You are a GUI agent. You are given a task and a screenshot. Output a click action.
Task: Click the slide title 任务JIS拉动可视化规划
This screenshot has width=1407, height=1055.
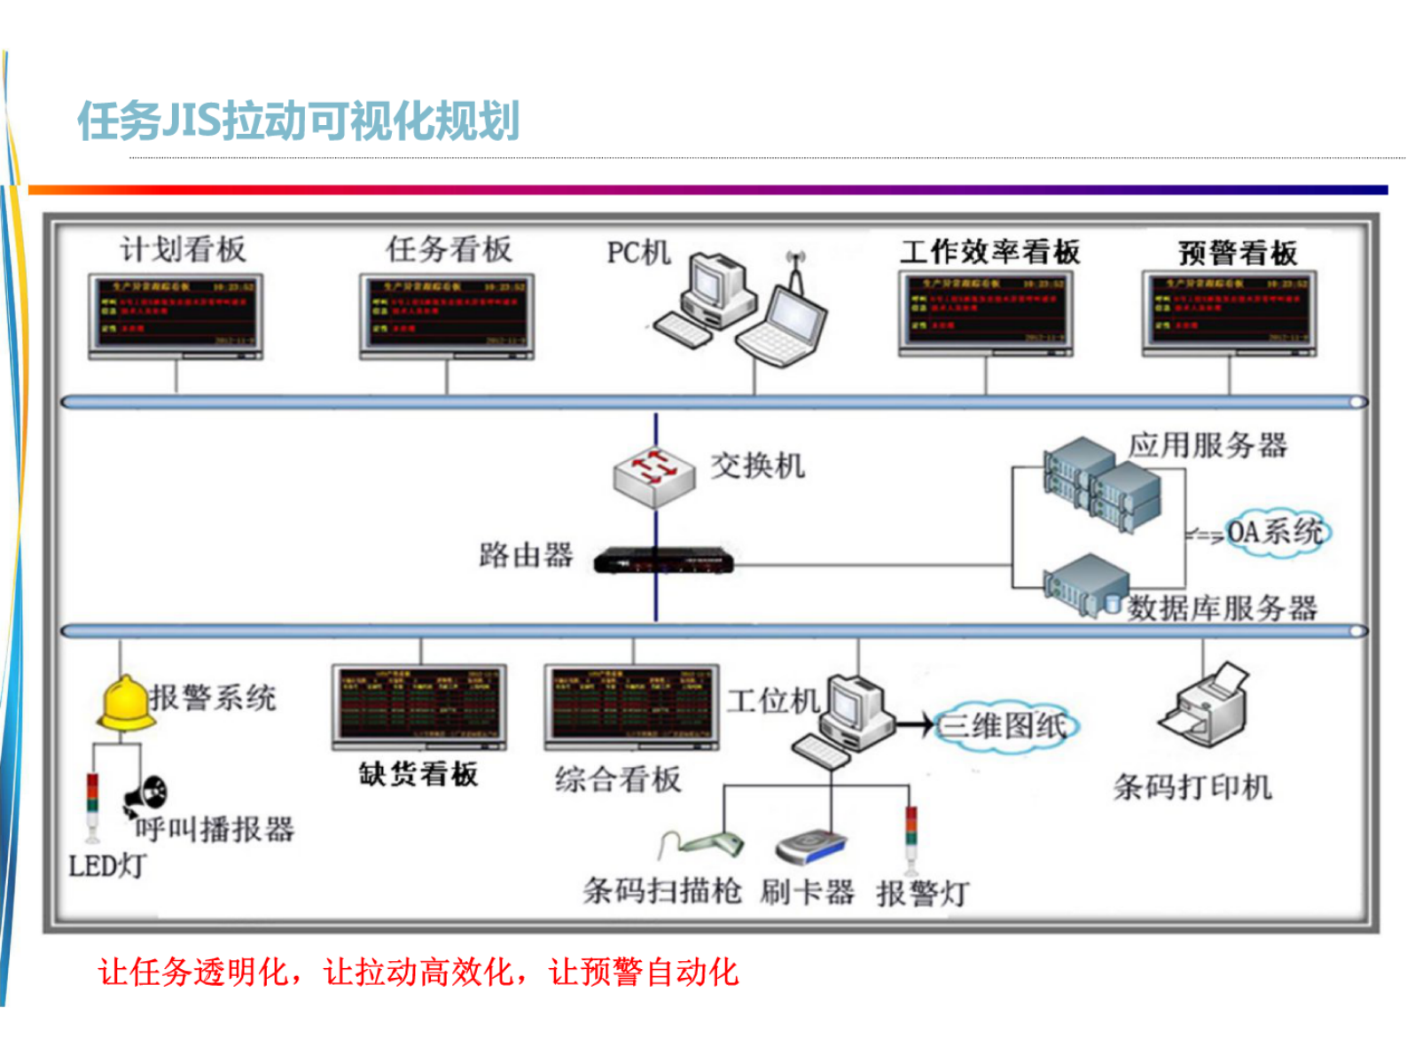[x=298, y=121]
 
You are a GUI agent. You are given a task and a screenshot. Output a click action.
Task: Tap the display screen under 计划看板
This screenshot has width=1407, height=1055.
[x=176, y=314]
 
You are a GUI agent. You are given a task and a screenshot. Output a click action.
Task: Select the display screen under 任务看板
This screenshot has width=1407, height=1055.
[x=447, y=314]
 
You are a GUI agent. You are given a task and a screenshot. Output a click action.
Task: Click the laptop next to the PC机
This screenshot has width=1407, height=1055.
[x=785, y=324]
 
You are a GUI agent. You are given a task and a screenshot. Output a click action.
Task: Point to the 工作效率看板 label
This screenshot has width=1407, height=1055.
[x=990, y=253]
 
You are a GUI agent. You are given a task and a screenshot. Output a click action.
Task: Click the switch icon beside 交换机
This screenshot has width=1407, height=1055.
[x=654, y=476]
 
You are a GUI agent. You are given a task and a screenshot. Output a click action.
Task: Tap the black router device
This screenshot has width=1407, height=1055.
[x=663, y=561]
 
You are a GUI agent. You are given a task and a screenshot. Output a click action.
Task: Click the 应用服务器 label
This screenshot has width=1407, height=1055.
[x=1208, y=445]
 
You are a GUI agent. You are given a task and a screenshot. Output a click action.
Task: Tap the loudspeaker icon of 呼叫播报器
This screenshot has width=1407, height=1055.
[x=146, y=793]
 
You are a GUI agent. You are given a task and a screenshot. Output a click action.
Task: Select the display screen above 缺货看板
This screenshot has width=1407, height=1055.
[x=418, y=706]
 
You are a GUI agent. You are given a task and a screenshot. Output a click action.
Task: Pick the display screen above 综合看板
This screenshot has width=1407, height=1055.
[x=631, y=706]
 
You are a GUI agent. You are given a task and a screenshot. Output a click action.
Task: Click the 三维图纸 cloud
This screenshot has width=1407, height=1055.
[x=1006, y=726]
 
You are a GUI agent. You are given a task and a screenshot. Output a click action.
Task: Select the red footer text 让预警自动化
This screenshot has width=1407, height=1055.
[x=644, y=973]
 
